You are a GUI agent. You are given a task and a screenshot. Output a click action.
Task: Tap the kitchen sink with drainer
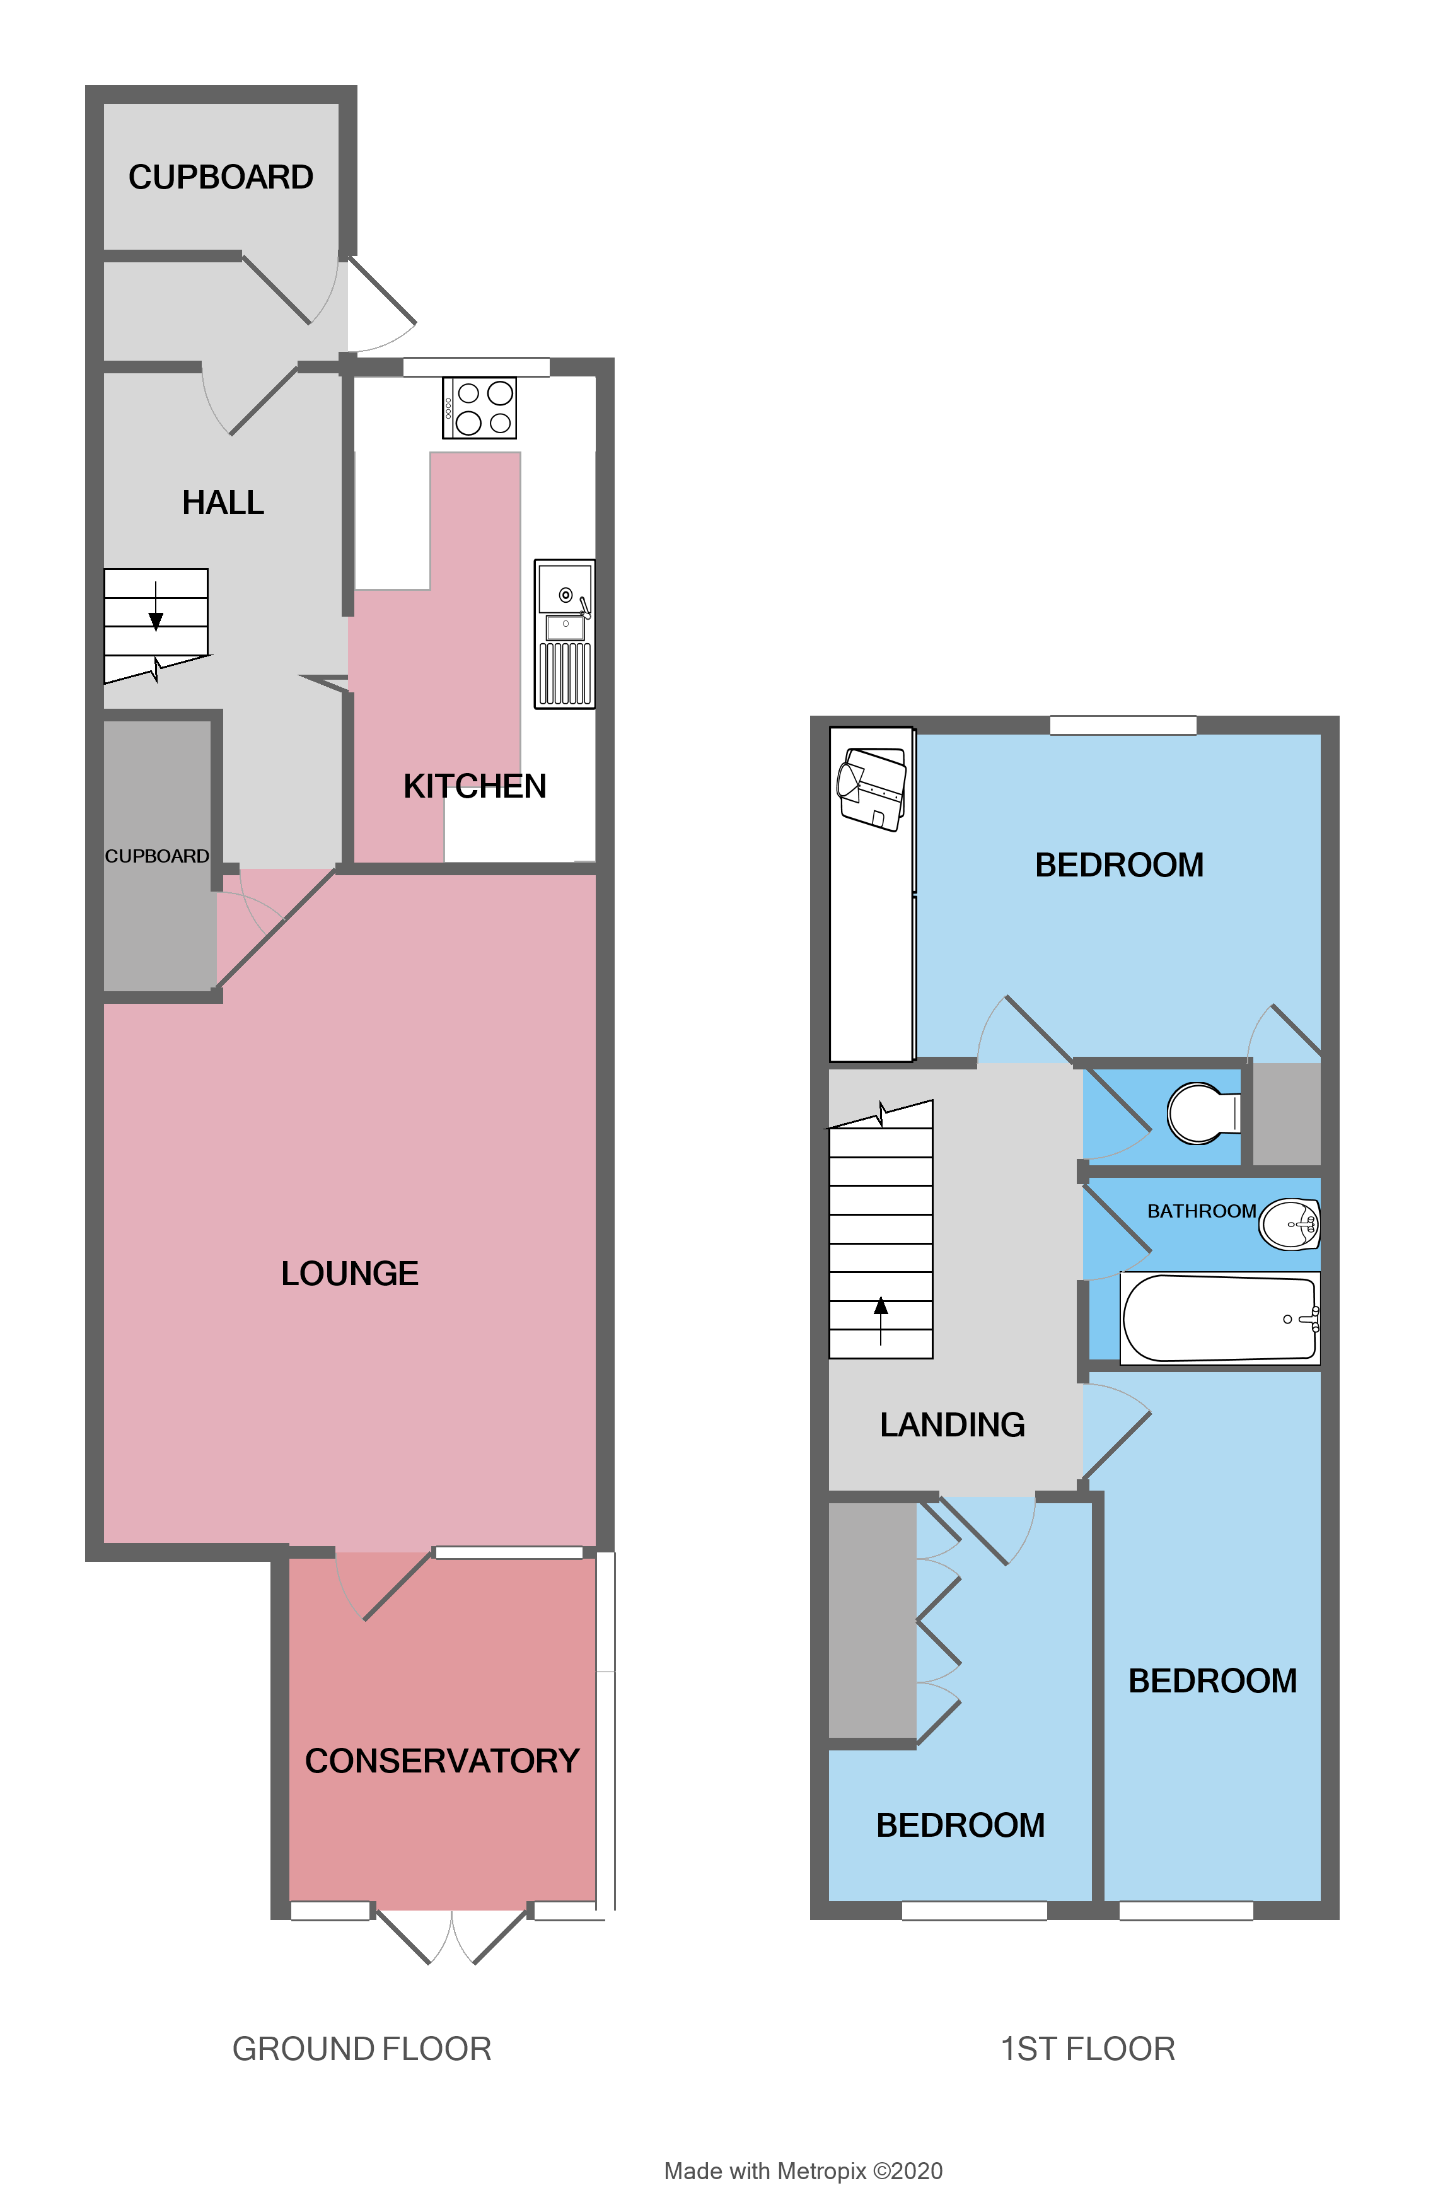click(564, 634)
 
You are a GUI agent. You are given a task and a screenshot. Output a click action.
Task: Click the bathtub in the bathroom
click(1219, 1318)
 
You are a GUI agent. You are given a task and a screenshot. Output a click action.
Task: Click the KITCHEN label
click(474, 786)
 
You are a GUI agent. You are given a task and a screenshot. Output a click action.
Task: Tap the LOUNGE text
click(349, 1274)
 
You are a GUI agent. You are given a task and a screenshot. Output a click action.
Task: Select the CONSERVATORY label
click(442, 1760)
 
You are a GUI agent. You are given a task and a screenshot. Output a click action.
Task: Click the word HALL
click(223, 502)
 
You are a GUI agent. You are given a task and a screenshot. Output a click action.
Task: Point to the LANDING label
click(953, 1425)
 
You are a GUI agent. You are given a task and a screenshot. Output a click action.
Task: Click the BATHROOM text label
click(1201, 1211)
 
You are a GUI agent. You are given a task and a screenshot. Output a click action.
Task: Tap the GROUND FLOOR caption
click(362, 2049)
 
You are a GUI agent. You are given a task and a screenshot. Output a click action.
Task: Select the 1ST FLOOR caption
click(1087, 2049)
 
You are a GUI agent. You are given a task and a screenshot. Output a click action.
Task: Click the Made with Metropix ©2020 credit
click(803, 2170)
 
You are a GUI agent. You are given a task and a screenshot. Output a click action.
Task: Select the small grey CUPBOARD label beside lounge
click(156, 856)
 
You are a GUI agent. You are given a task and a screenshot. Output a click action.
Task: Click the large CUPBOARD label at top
click(221, 177)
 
